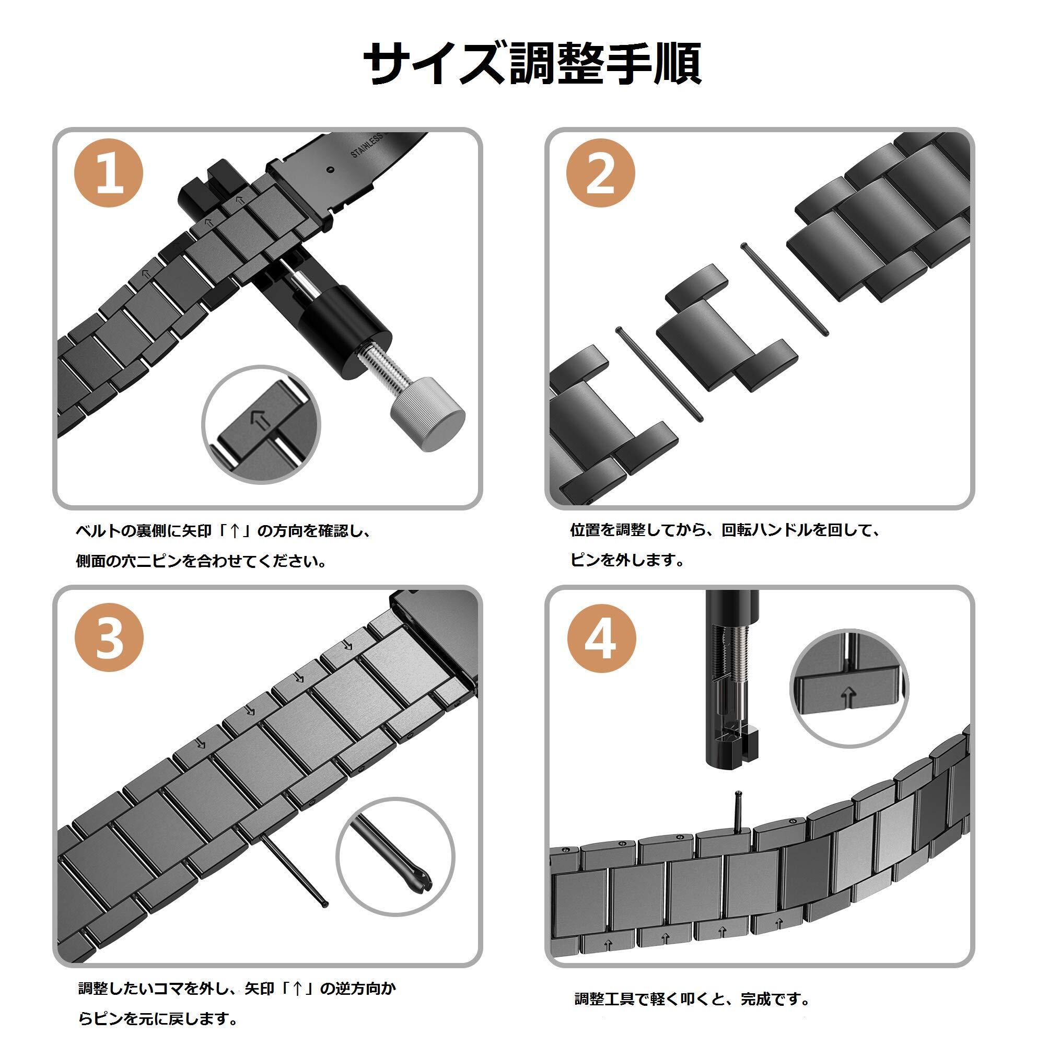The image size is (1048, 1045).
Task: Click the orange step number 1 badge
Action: [x=108, y=173]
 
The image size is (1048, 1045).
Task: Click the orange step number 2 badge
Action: [x=600, y=173]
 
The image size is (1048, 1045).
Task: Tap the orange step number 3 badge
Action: [x=109, y=636]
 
